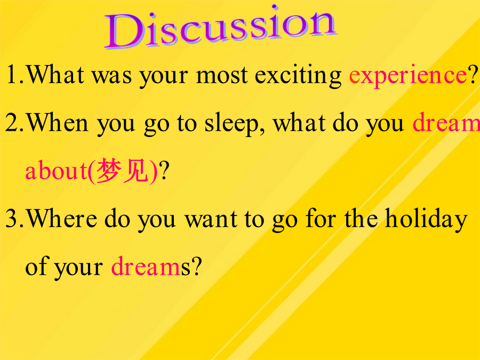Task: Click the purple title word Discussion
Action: (220, 28)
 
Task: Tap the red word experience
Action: (408, 76)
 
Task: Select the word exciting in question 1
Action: (298, 75)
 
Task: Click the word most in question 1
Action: (222, 75)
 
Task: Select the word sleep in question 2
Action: (231, 124)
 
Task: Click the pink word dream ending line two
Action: (446, 123)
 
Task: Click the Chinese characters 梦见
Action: (123, 171)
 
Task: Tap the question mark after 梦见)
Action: (164, 170)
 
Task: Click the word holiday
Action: (426, 219)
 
